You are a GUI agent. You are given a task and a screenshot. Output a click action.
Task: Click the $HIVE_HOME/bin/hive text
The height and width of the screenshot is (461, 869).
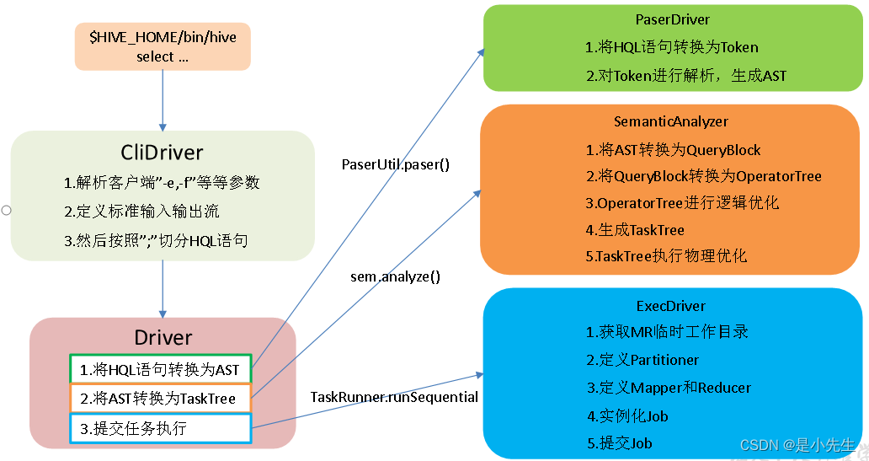[163, 37]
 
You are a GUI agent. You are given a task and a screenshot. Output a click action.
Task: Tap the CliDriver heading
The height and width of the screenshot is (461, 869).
[162, 153]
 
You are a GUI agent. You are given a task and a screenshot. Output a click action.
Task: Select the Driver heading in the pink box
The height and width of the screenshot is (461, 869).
[163, 337]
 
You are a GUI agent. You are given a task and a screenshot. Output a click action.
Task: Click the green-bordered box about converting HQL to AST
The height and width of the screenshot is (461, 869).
[160, 370]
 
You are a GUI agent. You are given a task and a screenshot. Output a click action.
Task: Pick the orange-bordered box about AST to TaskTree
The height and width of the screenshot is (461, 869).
[160, 399]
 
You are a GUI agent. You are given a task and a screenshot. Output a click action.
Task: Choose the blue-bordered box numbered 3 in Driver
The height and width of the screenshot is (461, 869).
[160, 428]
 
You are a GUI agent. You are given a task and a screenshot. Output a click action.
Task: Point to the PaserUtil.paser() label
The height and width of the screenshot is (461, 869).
[395, 164]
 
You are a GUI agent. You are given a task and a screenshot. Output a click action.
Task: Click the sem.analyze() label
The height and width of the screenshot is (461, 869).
[395, 276]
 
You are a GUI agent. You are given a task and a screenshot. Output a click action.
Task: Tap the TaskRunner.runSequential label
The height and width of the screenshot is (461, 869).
[394, 397]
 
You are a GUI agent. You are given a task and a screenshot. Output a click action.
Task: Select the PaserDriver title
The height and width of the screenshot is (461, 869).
[673, 19]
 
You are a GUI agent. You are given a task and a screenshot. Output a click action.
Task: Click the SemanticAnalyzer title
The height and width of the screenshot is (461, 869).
[670, 122]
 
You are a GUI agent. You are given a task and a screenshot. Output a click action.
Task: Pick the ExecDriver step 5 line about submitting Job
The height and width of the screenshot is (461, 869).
[620, 442]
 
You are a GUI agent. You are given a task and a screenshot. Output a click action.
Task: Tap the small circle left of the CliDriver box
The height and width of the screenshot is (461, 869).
[5, 209]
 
